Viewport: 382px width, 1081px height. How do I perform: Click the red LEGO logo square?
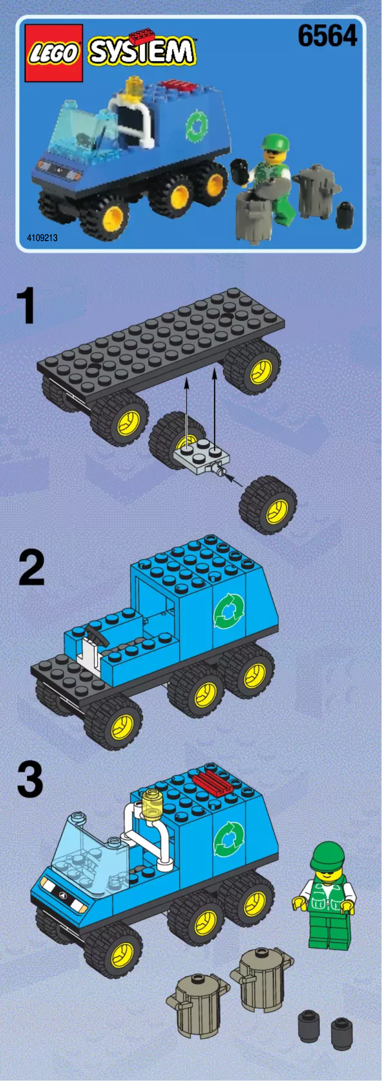coord(54,53)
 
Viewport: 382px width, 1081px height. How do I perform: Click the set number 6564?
coord(327,36)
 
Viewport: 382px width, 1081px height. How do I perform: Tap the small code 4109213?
coord(42,237)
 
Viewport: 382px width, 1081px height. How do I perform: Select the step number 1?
coord(26,306)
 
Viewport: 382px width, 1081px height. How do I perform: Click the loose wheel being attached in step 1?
coord(268,505)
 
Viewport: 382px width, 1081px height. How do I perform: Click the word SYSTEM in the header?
coord(142,51)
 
